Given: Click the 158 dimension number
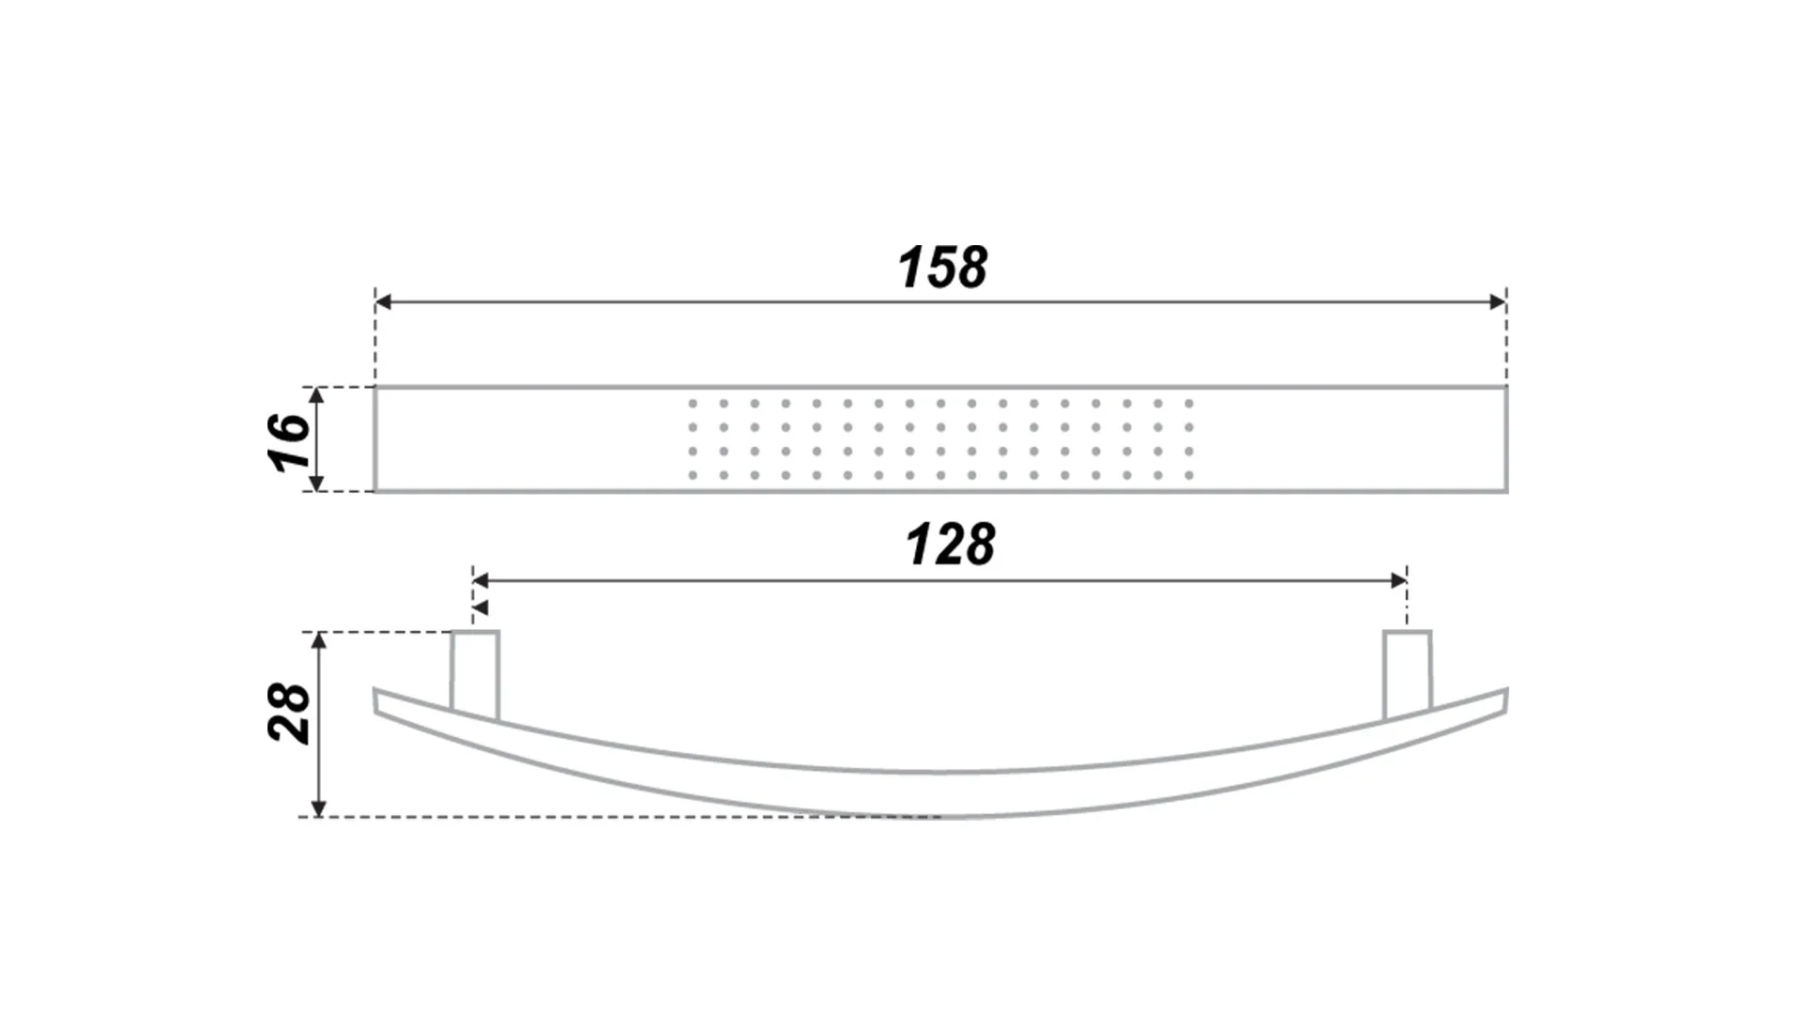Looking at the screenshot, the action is (x=942, y=268).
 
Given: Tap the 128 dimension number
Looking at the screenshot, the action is (x=950, y=545).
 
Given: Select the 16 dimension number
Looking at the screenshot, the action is (x=289, y=441).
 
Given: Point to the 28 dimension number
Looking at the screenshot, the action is (x=289, y=714).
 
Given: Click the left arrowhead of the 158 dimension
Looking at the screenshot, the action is (x=384, y=302).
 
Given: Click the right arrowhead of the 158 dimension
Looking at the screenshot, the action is (x=1498, y=302).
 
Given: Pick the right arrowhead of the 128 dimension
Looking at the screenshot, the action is (x=1398, y=581).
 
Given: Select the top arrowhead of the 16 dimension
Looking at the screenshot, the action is (x=316, y=395).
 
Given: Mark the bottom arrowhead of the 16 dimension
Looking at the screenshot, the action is (x=316, y=483).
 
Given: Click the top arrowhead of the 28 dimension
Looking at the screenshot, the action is (x=319, y=641).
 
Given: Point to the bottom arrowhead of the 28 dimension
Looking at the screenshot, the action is (x=319, y=807).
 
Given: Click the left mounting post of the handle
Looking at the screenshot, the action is (x=474, y=674).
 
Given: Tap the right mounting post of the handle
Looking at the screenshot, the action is (x=1408, y=674).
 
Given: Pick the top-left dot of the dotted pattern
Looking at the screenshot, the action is (x=693, y=404).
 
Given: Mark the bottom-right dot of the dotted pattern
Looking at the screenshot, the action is (x=1189, y=476).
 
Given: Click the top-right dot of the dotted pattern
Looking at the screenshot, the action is (x=1189, y=404).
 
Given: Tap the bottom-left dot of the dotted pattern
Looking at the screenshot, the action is (x=693, y=476).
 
